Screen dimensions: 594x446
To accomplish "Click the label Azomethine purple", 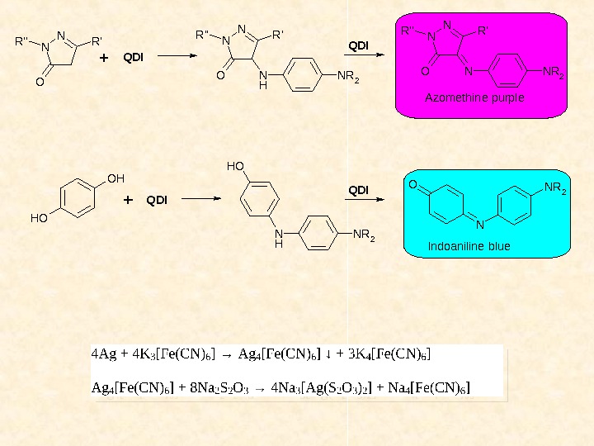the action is pyautogui.click(x=474, y=97).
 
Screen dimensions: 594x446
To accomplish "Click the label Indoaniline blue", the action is pyautogui.click(x=469, y=246).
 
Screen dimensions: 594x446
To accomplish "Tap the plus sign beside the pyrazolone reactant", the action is pyautogui.click(x=103, y=59).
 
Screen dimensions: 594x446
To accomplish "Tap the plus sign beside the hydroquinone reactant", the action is pyautogui.click(x=128, y=200).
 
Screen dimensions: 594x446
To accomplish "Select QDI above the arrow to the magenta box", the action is pyautogui.click(x=358, y=44).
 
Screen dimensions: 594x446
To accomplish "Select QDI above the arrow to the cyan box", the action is pyautogui.click(x=358, y=190).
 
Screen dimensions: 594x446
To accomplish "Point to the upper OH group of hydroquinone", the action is pyautogui.click(x=115, y=178).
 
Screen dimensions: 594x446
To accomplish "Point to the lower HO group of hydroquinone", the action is pyautogui.click(x=39, y=219).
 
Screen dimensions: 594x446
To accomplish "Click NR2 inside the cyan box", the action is pyautogui.click(x=555, y=190).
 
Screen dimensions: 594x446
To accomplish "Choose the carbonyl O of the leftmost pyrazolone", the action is pyautogui.click(x=38, y=82).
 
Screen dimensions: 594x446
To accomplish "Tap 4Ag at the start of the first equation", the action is pyautogui.click(x=103, y=355).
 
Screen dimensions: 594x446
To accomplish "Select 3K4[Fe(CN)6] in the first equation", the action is pyautogui.click(x=389, y=355).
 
